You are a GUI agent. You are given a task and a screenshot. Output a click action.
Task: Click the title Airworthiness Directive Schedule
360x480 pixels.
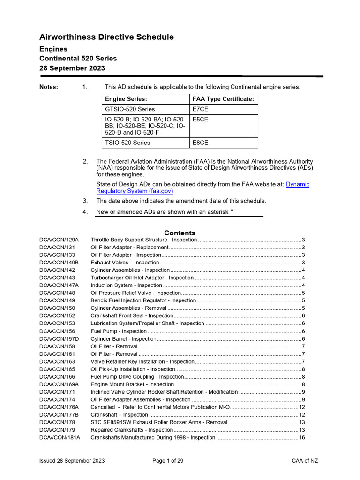[x=106, y=37]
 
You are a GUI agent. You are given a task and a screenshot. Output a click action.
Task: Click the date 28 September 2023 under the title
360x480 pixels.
[x=72, y=68]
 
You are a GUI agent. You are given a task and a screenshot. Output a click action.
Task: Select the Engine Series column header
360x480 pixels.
[x=126, y=99]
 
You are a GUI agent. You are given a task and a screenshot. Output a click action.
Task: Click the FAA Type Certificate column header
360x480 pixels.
[x=223, y=99]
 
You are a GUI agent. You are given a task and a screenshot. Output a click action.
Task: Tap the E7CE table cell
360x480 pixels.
[x=200, y=109]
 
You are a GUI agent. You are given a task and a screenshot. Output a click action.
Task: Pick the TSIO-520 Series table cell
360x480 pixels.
[x=127, y=142]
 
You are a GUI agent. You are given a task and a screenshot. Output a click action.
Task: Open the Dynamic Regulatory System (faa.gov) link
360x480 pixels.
[x=202, y=187]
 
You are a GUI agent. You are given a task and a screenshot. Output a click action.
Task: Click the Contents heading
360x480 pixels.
[x=180, y=233]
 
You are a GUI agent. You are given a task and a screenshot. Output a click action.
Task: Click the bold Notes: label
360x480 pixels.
[x=49, y=87]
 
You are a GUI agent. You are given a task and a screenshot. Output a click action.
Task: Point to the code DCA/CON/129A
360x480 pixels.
[x=59, y=240]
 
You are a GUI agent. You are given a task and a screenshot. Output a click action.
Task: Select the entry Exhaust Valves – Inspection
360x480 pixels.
[x=125, y=262]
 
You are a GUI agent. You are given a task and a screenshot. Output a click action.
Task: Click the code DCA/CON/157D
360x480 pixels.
[x=59, y=339]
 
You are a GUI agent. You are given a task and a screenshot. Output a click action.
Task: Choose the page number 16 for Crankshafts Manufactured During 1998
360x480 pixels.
[x=302, y=438]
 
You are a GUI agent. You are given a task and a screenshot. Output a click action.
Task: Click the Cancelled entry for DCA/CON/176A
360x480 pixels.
[x=160, y=407]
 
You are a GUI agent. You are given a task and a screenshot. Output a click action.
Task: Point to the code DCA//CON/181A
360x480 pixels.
[x=60, y=438]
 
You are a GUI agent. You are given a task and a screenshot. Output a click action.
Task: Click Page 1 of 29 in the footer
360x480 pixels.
[x=168, y=461]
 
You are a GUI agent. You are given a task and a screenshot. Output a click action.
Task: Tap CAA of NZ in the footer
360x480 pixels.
[x=305, y=461]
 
